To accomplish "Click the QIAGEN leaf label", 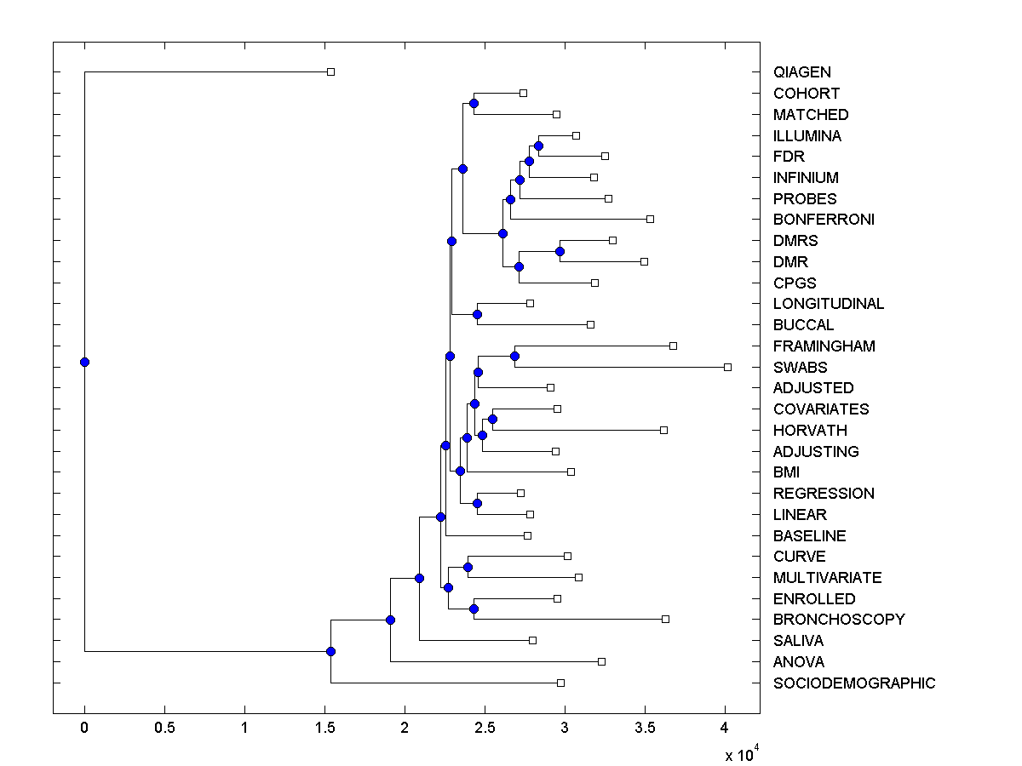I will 801,72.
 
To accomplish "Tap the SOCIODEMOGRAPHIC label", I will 853,683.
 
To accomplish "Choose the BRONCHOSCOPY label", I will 839,620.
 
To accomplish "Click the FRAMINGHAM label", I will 824,346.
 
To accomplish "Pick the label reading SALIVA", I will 798,641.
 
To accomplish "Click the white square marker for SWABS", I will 727,367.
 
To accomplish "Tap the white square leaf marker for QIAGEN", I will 331,72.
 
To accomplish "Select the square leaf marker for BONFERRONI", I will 650,220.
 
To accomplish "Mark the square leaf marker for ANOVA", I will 601,661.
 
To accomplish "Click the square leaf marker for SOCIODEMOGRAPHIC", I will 560,683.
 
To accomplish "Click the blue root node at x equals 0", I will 84,362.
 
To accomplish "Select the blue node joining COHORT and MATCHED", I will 474,103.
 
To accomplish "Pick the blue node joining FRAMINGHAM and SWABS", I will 514,356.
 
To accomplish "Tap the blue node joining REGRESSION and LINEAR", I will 477,503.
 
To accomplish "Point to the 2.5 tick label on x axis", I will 485,728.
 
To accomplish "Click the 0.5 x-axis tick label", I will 164,728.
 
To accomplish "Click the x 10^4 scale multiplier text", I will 738,754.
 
